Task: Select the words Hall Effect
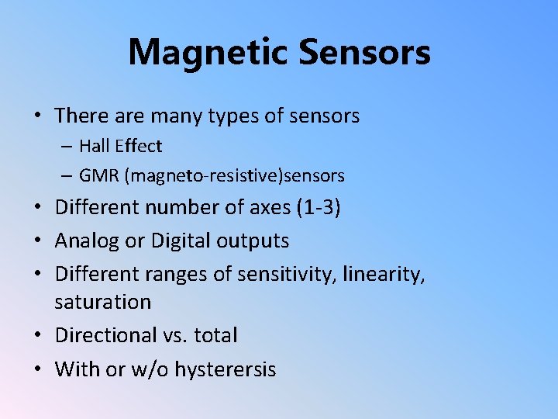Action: [120, 146]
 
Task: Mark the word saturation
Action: [102, 302]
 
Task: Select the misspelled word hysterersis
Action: [225, 369]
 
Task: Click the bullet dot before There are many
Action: [37, 117]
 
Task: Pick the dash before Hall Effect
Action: [69, 147]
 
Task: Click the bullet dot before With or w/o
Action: [37, 370]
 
